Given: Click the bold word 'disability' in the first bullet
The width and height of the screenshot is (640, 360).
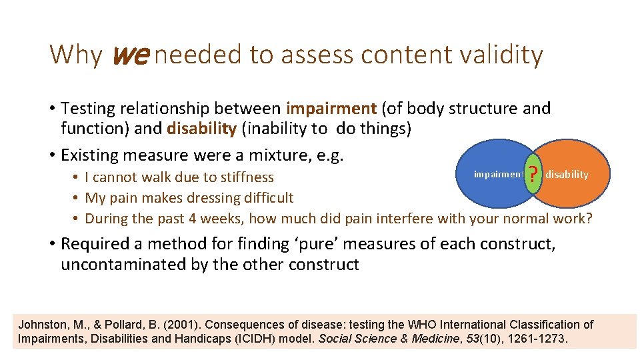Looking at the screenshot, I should point(201,129).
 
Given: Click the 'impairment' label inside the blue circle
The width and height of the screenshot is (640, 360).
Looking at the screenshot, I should point(498,175).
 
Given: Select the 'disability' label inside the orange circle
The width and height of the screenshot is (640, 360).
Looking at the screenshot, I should point(567,175).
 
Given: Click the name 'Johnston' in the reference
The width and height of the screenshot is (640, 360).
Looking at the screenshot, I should point(41,325).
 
